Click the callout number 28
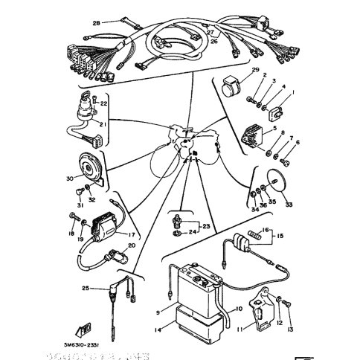[x=96, y=23]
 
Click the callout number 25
[x=86, y=288]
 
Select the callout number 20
[x=131, y=245]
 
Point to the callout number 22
[x=105, y=102]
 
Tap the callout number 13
[x=289, y=329]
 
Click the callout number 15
[x=281, y=237]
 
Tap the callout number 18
[x=72, y=234]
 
